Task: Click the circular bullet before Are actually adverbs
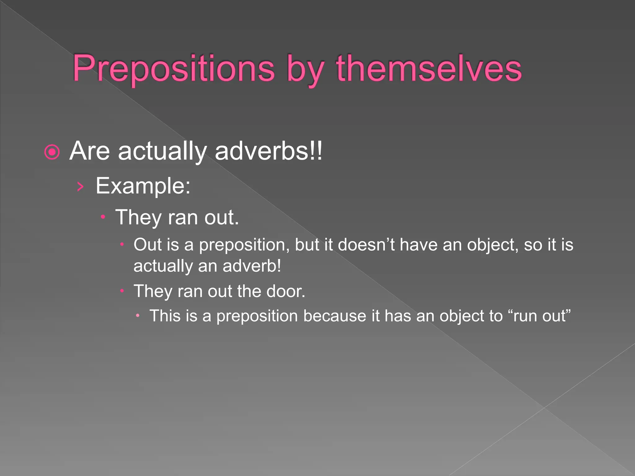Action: pos(52,152)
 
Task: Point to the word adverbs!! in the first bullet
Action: pos(269,151)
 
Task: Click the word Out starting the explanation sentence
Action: pos(148,245)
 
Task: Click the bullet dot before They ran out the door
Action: pos(122,291)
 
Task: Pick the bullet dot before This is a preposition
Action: pos(138,316)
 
